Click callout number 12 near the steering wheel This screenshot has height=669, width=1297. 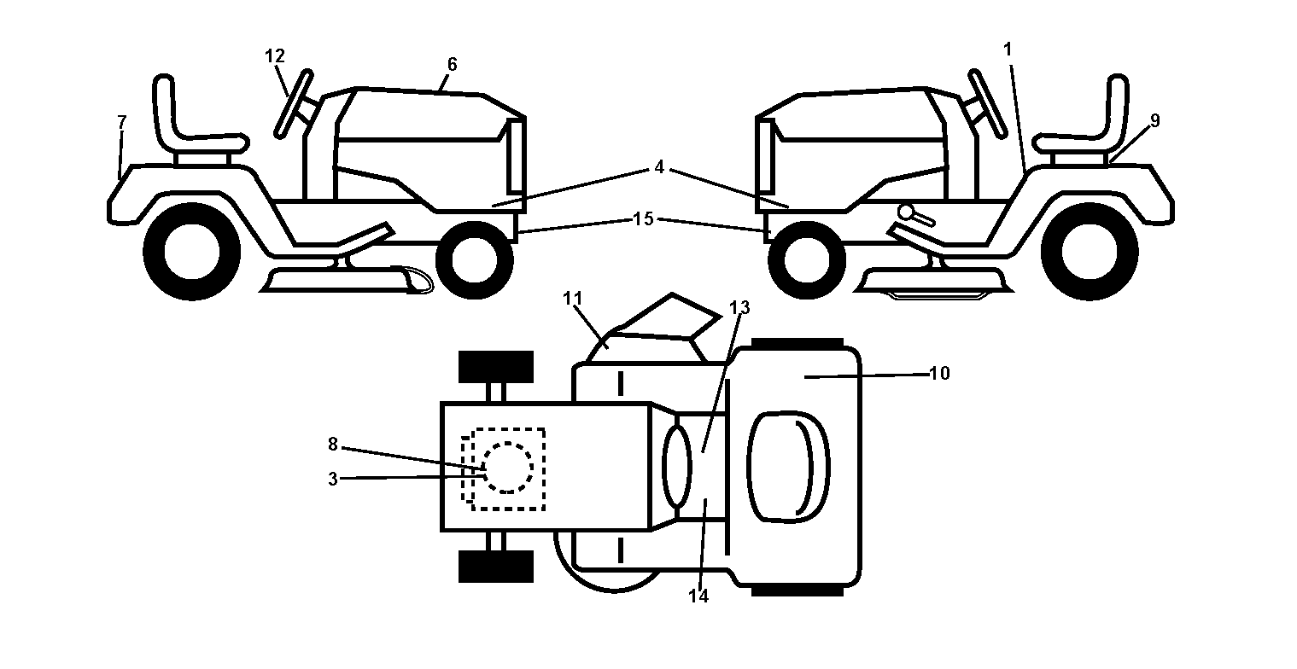(275, 56)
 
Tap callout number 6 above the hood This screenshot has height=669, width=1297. (453, 64)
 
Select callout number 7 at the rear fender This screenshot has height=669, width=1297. (121, 123)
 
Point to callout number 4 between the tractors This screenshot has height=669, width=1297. (659, 167)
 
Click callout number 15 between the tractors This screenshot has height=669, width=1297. (643, 219)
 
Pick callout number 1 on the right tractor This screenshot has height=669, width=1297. (1008, 49)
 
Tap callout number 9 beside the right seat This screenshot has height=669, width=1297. (1155, 121)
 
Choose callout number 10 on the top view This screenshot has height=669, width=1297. (940, 374)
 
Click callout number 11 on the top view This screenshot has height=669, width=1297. (573, 299)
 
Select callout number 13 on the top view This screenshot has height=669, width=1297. (739, 308)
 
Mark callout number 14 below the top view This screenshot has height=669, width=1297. (698, 596)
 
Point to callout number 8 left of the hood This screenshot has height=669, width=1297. (332, 445)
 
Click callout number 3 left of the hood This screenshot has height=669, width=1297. (332, 480)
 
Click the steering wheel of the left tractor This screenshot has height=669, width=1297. (294, 104)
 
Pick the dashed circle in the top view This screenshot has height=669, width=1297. (508, 468)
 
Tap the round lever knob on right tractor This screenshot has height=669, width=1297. (906, 212)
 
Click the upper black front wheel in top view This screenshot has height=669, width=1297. (496, 367)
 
